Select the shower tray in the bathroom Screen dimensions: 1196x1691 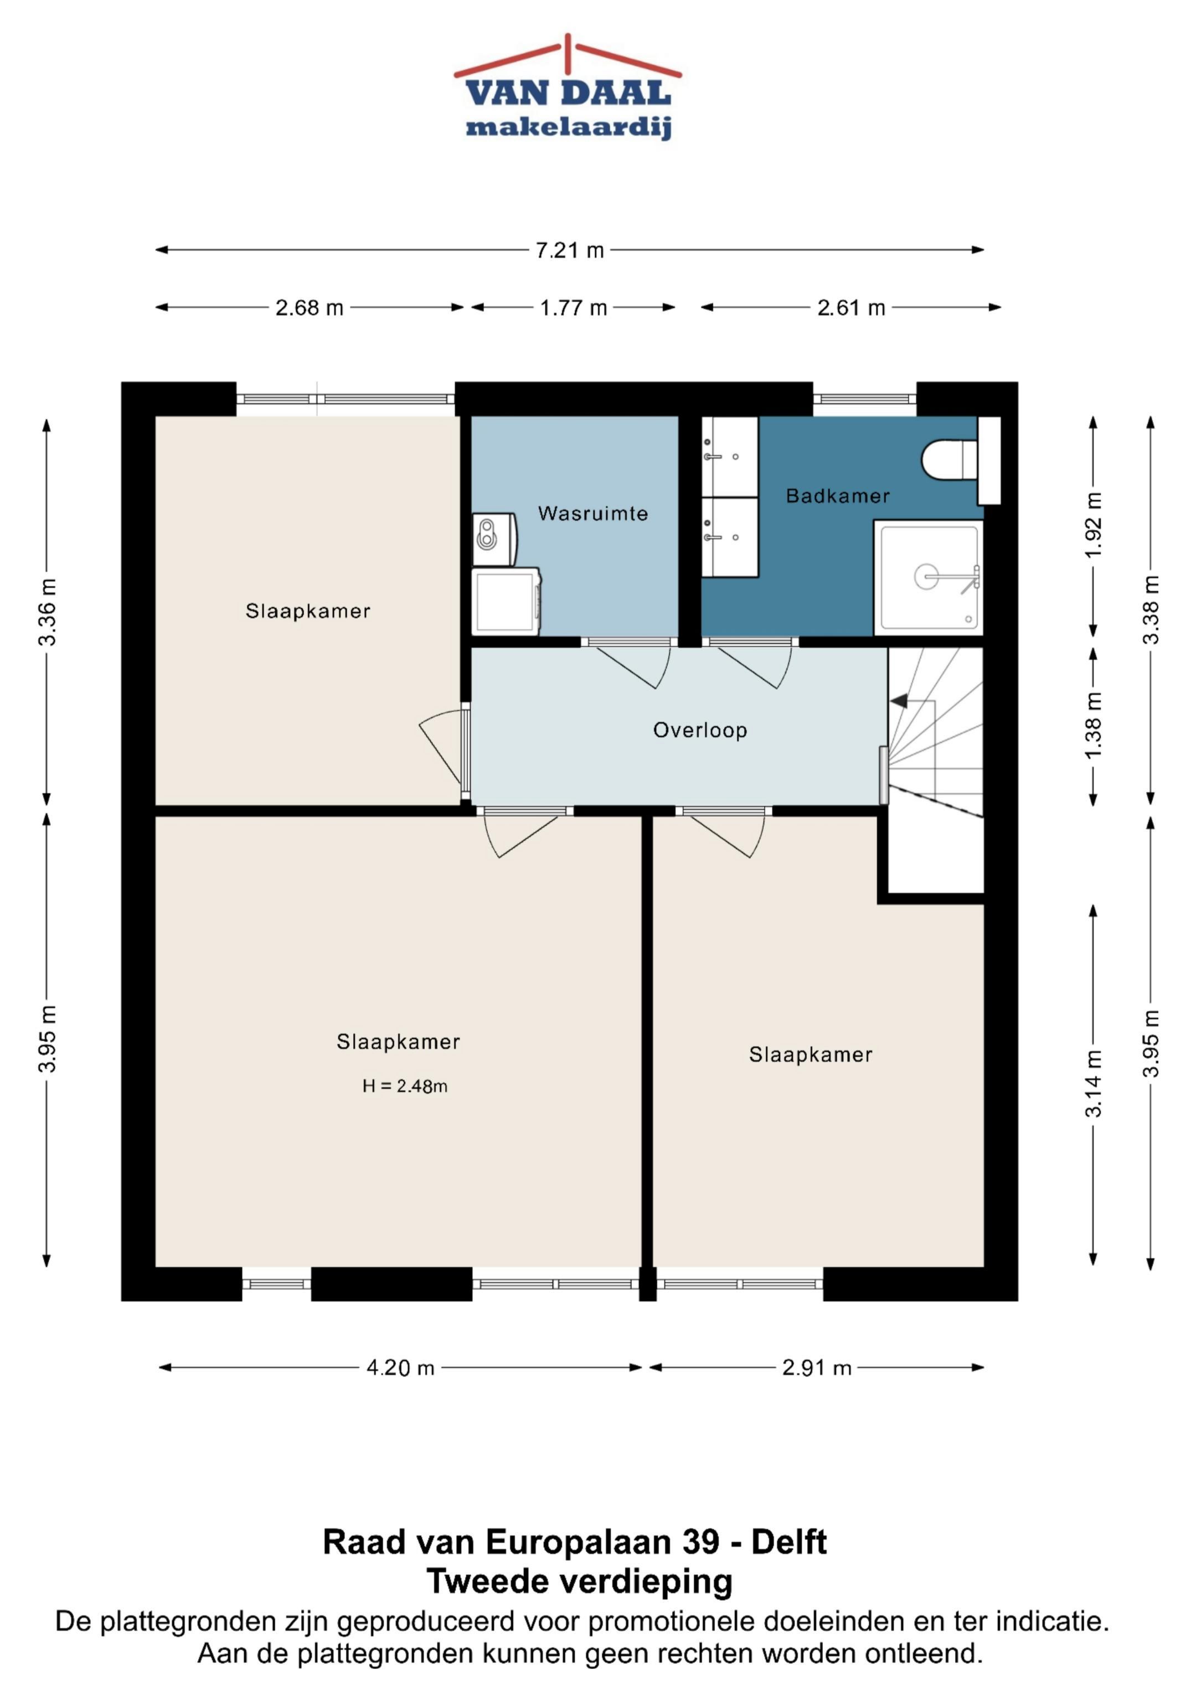click(928, 577)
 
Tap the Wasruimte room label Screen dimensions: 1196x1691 click(592, 513)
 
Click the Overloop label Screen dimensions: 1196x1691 click(700, 730)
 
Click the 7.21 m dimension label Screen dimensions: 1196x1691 click(570, 250)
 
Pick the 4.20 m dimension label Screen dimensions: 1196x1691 click(400, 1368)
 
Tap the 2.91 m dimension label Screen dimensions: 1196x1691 click(817, 1368)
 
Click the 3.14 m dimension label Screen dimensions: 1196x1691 click(1093, 1083)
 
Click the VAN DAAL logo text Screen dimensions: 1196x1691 click(568, 94)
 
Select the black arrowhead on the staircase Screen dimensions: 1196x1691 click(899, 701)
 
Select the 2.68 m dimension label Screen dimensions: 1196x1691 click(310, 307)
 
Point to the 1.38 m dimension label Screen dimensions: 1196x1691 click(1093, 725)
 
